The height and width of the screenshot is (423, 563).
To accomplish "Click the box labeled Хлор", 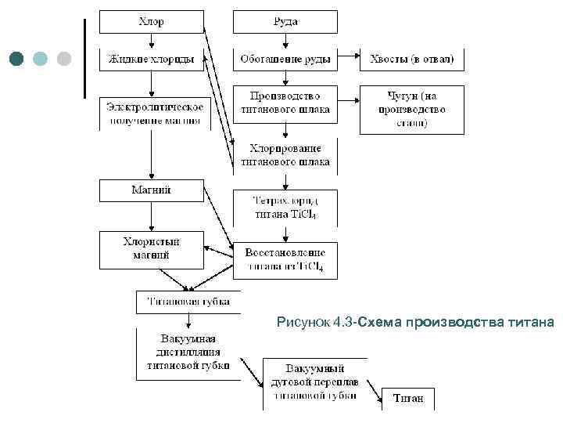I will tap(151, 22).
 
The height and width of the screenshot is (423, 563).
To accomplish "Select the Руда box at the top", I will tap(285, 22).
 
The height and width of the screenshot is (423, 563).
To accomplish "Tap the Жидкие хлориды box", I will tap(151, 59).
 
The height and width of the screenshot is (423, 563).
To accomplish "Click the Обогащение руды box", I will tap(285, 59).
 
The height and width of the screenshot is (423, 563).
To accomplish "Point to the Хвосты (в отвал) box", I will tap(411, 59).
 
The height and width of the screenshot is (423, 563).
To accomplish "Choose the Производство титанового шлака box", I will tap(285, 103).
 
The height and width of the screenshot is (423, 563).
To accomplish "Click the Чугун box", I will tap(411, 109).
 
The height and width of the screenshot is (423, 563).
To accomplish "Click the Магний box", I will tap(151, 190).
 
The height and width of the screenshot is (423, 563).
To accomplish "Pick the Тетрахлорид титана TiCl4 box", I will tap(285, 208).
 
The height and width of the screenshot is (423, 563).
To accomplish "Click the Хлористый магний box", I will tap(151, 248).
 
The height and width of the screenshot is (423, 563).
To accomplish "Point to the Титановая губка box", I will tap(188, 302).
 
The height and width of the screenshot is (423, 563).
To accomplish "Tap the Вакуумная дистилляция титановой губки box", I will tap(188, 353).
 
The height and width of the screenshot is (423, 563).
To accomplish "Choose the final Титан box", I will tap(408, 399).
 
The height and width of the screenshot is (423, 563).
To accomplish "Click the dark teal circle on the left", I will tap(17, 59).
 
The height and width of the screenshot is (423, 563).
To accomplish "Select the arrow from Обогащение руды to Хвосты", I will tap(348, 59).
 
